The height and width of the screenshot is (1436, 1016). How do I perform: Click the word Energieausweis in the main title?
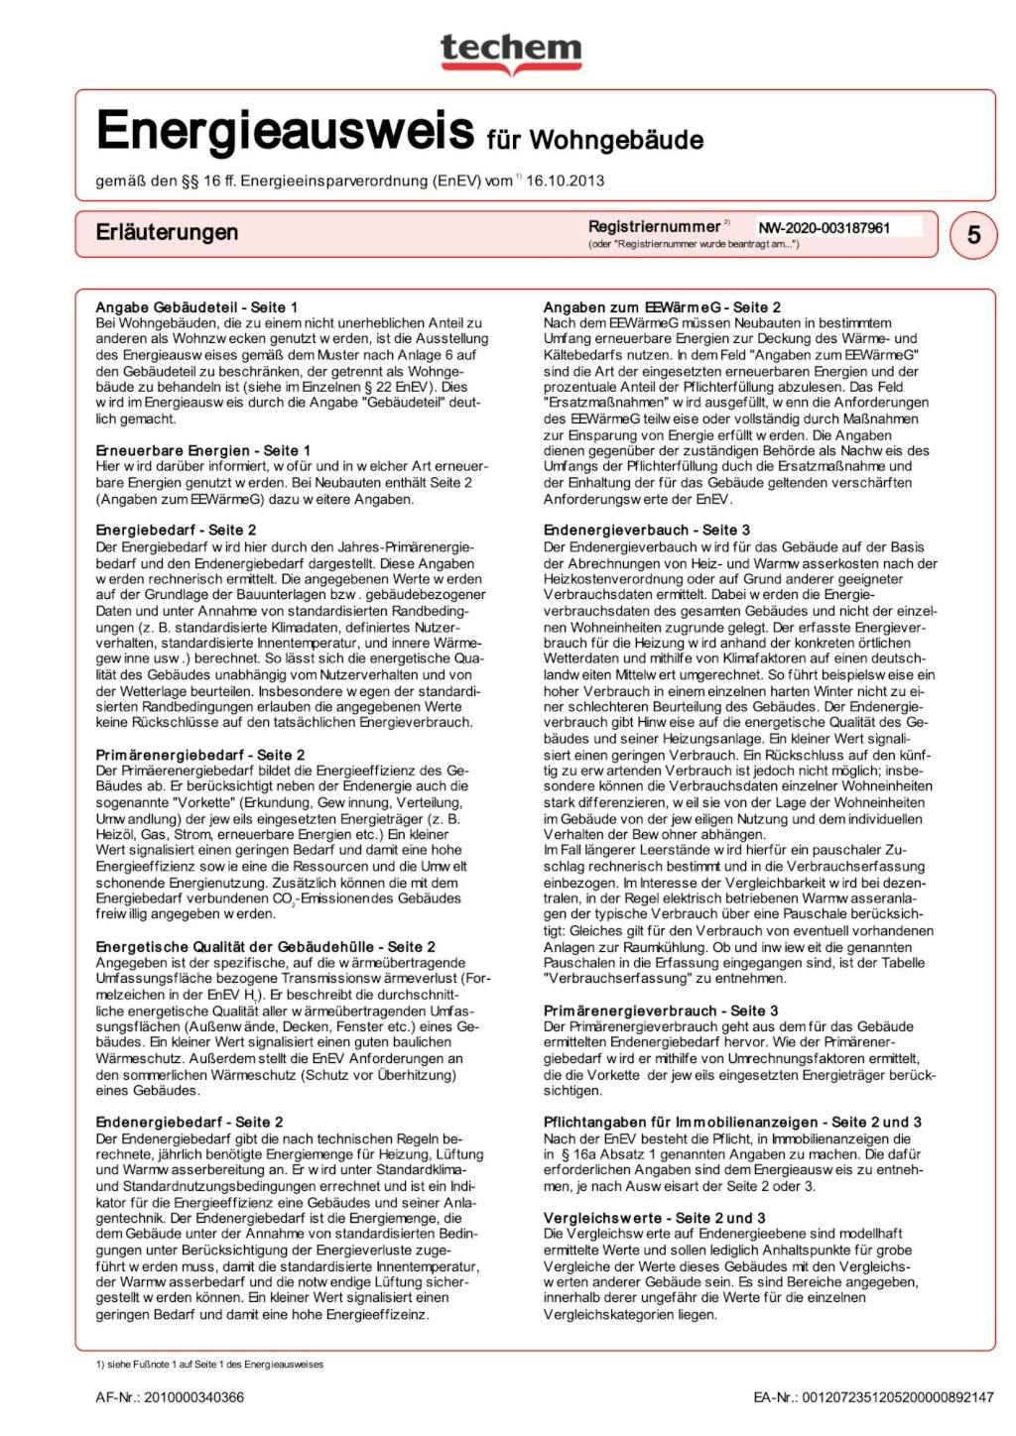[x=285, y=132]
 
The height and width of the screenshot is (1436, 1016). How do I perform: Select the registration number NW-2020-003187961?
[x=825, y=228]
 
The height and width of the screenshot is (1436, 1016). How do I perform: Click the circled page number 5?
[x=973, y=234]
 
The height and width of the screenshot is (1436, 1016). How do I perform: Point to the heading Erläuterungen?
[x=167, y=232]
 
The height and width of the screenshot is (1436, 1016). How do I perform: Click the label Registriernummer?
[x=654, y=226]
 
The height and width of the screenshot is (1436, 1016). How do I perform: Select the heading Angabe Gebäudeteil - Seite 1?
[x=196, y=307]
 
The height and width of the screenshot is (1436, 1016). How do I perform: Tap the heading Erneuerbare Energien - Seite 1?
[x=202, y=450]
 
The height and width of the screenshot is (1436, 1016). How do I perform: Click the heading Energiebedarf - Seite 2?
[x=176, y=531]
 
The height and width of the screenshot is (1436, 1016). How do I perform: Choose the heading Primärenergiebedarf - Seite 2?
[x=200, y=755]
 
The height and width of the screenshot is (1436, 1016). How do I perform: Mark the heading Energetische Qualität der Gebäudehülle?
[x=265, y=947]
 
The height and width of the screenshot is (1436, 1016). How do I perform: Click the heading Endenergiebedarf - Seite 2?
[x=190, y=1122]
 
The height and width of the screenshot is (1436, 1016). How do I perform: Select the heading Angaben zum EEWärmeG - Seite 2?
[x=662, y=307]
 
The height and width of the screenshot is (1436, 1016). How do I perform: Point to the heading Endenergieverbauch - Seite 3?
[x=646, y=531]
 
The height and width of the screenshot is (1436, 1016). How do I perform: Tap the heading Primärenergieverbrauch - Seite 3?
[x=654, y=1011]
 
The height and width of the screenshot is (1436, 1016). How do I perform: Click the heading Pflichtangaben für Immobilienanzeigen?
[x=732, y=1122]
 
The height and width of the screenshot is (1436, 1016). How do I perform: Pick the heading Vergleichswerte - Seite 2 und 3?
[x=654, y=1218]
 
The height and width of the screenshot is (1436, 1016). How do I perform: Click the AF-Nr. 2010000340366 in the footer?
[x=170, y=1397]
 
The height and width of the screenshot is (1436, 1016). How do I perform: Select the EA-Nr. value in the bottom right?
[x=873, y=1397]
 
